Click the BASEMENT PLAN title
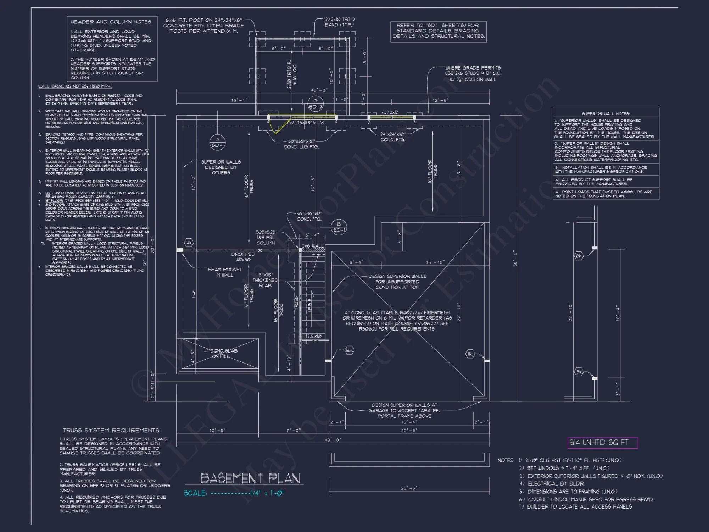[250, 478]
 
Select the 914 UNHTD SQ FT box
[602, 443]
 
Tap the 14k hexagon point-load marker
[189, 243]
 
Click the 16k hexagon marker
[349, 350]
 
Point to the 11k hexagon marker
[470, 354]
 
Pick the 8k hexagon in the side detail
[579, 256]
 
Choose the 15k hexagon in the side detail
[579, 372]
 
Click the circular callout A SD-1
[217, 142]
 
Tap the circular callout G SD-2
[315, 104]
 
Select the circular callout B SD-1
[339, 227]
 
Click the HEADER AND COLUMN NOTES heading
[111, 22]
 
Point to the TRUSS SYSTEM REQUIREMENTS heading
[111, 430]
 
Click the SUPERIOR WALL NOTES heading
[606, 114]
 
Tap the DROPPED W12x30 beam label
[243, 257]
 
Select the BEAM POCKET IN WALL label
[225, 272]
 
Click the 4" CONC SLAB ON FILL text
[220, 353]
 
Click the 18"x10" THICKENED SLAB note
[265, 280]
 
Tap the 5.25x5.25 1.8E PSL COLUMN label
[266, 237]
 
